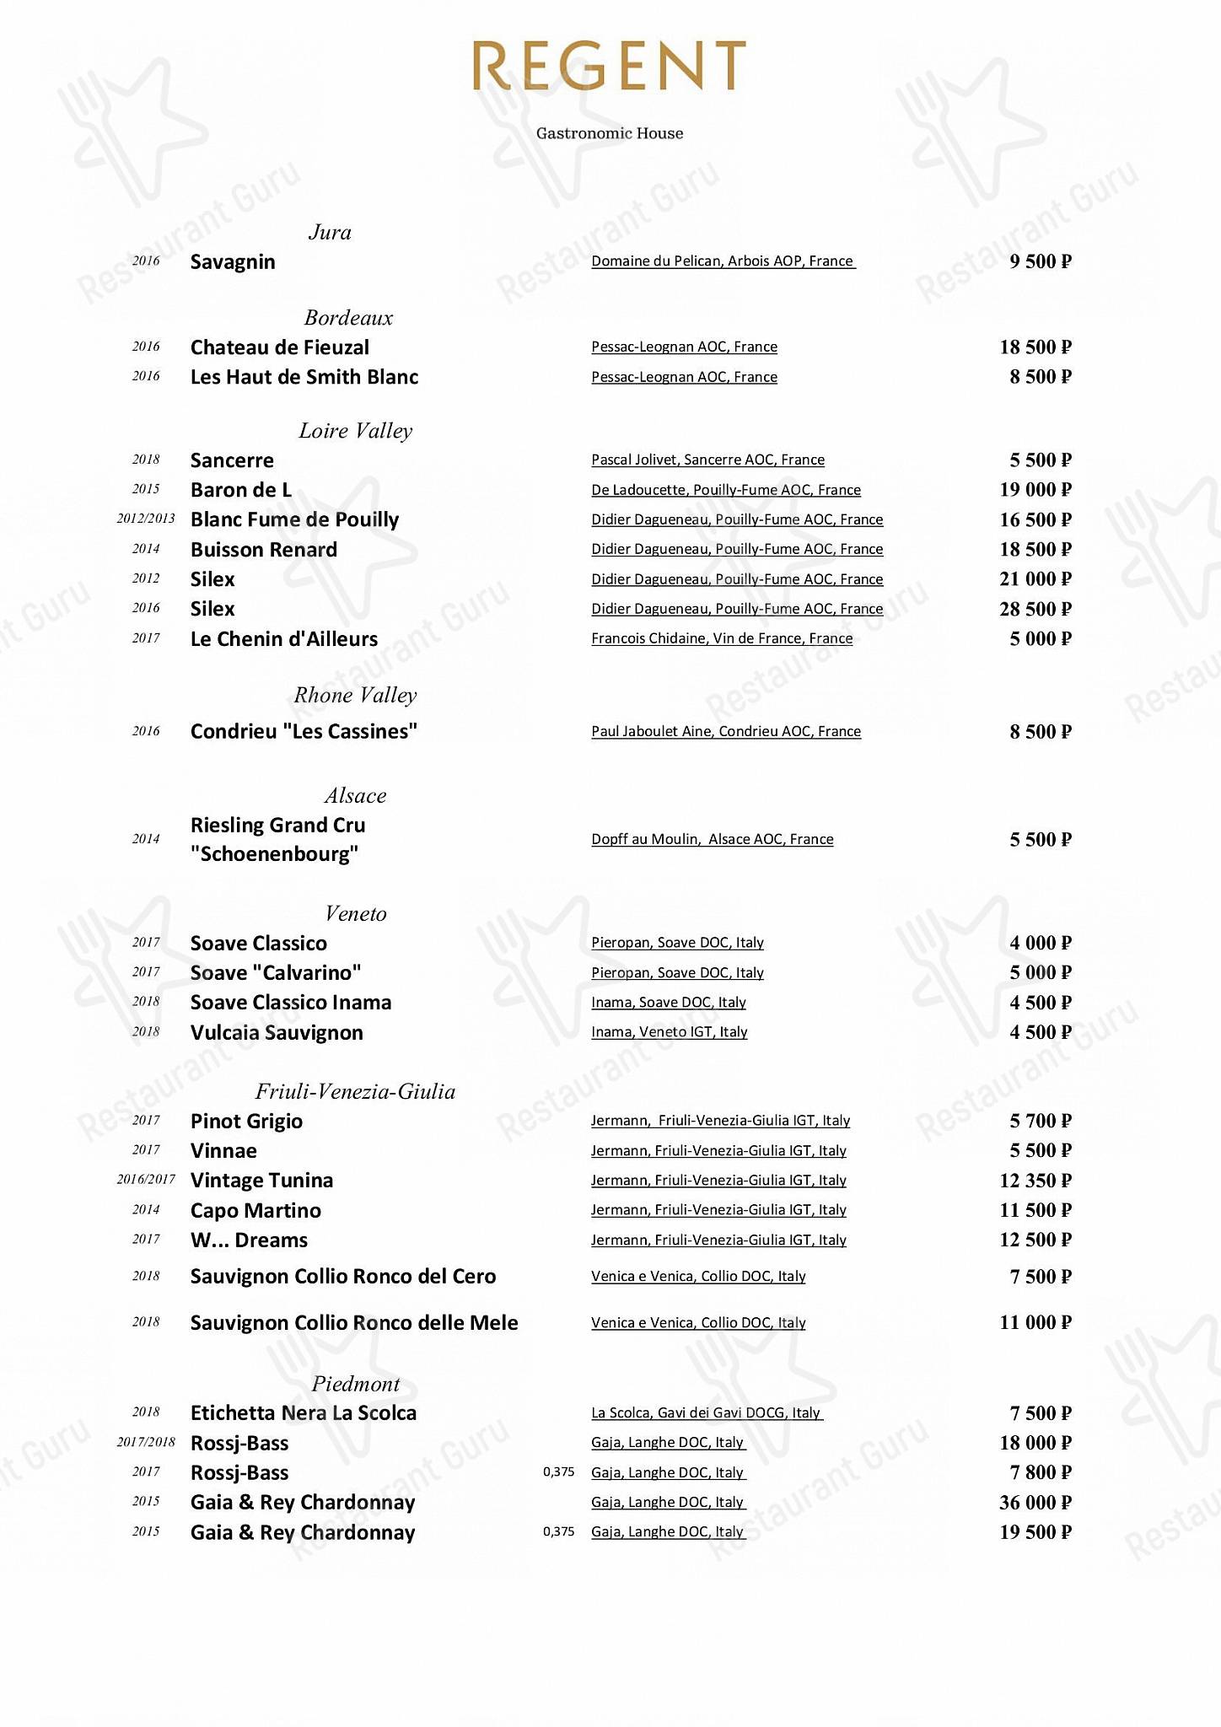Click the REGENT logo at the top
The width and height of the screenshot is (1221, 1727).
pos(609,66)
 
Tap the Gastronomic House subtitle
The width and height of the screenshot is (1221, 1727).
pos(610,133)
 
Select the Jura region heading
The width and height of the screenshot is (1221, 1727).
pos(330,232)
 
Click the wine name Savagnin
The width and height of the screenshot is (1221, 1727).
pos(233,261)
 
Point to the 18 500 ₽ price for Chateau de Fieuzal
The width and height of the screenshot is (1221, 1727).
pos(1035,347)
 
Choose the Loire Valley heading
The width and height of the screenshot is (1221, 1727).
pos(355,431)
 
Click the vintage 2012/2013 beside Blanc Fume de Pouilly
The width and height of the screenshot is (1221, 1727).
pos(146,519)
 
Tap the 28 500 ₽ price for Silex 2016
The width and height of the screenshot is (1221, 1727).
pos(1035,609)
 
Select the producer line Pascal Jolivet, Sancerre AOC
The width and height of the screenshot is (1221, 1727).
pos(707,460)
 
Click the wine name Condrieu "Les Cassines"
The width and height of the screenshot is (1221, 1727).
pos(304,731)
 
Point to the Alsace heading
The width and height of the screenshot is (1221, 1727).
pos(355,795)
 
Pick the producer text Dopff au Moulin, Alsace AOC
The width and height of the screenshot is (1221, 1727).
pos(712,839)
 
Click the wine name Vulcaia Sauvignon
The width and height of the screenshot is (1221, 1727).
pos(277,1032)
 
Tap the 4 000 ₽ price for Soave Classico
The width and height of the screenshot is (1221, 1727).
pos(1040,943)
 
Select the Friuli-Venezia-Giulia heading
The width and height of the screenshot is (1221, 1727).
pos(355,1091)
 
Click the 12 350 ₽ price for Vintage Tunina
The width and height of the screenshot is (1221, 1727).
pos(1035,1181)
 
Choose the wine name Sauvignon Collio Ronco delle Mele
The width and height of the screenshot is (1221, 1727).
pos(354,1322)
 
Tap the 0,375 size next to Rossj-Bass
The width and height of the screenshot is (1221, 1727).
pos(558,1472)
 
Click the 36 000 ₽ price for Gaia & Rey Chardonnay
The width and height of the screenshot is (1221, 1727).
pos(1035,1503)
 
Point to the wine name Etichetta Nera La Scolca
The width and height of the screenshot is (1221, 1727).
pos(304,1412)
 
